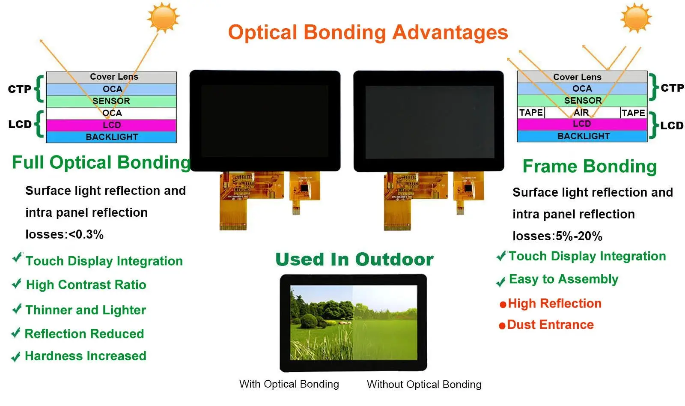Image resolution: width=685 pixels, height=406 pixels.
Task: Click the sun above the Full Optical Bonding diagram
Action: pyautogui.click(x=164, y=18)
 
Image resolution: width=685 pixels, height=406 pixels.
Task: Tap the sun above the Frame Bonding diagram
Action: pyautogui.click(x=636, y=18)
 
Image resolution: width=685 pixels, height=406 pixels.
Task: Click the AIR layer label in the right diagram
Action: pyautogui.click(x=581, y=113)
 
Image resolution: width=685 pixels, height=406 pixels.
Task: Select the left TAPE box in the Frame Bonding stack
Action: pyautogui.click(x=531, y=113)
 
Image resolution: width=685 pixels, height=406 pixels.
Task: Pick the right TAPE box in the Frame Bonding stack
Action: pyautogui.click(x=633, y=113)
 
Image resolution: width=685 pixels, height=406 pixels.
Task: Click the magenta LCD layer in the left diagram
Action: pyautogui.click(x=111, y=125)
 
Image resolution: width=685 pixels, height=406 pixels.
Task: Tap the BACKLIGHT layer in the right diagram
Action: pyautogui.click(x=582, y=136)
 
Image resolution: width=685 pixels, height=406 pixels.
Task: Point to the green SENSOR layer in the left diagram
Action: pyautogui.click(x=111, y=101)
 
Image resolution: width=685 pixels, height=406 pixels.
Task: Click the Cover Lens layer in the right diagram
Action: pyautogui.click(x=582, y=77)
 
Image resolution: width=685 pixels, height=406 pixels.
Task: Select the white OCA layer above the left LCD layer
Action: pyautogui.click(x=111, y=113)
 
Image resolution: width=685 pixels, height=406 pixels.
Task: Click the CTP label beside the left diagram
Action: pyautogui.click(x=20, y=89)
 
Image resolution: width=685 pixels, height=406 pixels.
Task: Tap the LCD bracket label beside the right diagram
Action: pyautogui.click(x=672, y=125)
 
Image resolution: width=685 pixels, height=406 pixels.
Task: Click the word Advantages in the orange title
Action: pyautogui.click(x=450, y=33)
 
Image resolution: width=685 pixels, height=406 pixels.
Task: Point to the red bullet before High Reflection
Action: pyautogui.click(x=503, y=305)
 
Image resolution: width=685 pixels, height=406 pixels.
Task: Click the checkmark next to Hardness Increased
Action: pyautogui.click(x=16, y=357)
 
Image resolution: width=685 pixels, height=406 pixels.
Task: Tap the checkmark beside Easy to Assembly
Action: pyautogui.click(x=501, y=281)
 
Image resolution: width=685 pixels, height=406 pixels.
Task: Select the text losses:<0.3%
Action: pyautogui.click(x=65, y=235)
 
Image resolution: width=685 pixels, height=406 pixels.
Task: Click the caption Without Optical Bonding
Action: pyautogui.click(x=424, y=384)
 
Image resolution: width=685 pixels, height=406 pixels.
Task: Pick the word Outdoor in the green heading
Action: pyautogui.click(x=394, y=260)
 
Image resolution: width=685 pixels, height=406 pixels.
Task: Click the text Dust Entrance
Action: pyautogui.click(x=551, y=325)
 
